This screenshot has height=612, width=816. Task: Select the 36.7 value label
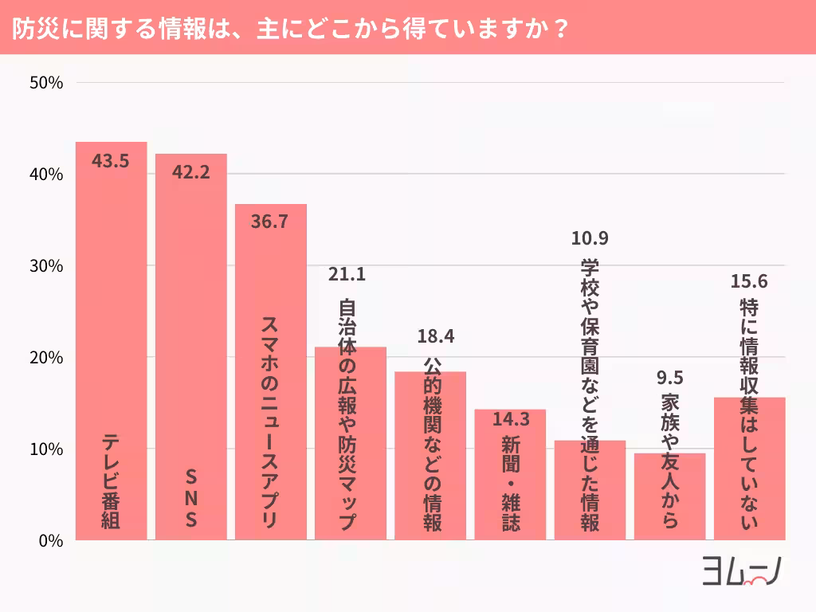269,222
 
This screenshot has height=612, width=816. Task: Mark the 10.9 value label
590,237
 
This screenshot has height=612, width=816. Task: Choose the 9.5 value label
669,377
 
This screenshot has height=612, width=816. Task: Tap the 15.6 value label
749,281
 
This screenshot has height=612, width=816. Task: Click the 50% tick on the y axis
47,83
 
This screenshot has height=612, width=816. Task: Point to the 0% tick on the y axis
51,541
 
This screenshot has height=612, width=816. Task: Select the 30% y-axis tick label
47,266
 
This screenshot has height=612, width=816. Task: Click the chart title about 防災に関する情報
291,28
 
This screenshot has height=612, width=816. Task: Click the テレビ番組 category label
111,483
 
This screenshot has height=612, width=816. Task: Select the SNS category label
190,499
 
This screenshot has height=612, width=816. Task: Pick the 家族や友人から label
669,461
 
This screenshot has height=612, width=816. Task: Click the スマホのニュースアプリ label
270,422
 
